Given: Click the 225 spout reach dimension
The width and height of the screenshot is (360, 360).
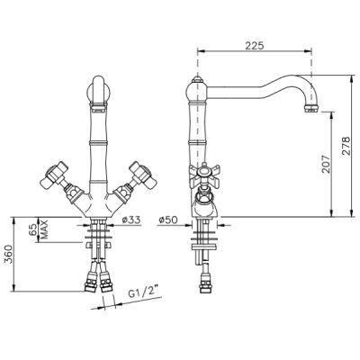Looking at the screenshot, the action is click(255, 46).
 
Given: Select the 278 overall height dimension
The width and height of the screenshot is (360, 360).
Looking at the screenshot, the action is click(346, 146).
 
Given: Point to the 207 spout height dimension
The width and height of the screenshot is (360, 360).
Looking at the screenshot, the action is click(326, 164).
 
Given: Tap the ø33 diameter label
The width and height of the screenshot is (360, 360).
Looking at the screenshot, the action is click(131, 220).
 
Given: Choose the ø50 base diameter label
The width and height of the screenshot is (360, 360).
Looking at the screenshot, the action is click(168, 220).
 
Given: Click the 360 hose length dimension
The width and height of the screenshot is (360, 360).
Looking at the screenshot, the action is click(8, 254).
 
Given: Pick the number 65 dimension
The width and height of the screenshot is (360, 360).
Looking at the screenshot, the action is click(34, 229).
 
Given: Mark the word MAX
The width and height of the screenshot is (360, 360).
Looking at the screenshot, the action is click(44, 229).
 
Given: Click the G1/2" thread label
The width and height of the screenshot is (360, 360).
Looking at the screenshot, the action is click(143, 292).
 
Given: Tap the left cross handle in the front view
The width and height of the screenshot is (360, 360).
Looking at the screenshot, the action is click(54, 175).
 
